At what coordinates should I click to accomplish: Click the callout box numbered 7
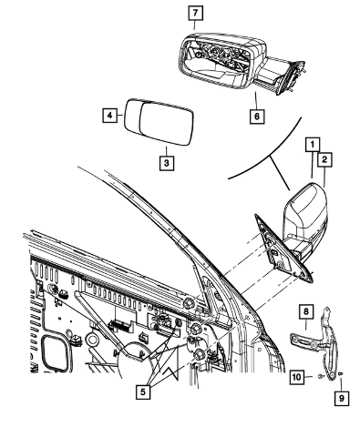pyautogui.click(x=195, y=13)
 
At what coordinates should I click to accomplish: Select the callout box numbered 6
pyautogui.click(x=257, y=117)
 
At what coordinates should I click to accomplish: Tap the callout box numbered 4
pyautogui.click(x=110, y=115)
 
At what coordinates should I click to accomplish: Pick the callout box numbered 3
pyautogui.click(x=167, y=163)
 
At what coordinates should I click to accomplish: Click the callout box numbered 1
pyautogui.click(x=313, y=145)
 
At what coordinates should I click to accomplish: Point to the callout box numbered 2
pyautogui.click(x=324, y=159)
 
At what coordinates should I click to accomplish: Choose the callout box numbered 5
pyautogui.click(x=143, y=391)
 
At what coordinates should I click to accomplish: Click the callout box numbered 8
pyautogui.click(x=306, y=310)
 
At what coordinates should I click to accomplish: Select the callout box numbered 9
pyautogui.click(x=342, y=398)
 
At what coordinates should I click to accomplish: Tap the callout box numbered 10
pyautogui.click(x=297, y=377)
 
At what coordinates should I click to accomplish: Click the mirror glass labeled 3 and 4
pyautogui.click(x=159, y=121)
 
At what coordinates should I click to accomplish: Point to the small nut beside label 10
pyautogui.click(x=320, y=377)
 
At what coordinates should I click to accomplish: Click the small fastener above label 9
pyautogui.click(x=341, y=373)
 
